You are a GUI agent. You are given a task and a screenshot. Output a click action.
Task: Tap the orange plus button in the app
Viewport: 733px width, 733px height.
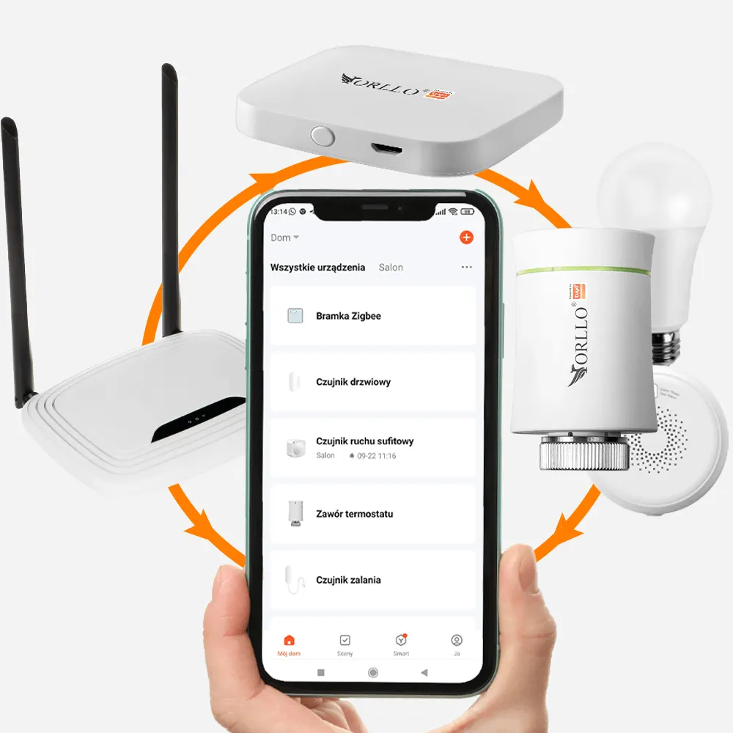coord(466,237)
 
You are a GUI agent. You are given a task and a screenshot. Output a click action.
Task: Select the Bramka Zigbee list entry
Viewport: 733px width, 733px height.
coord(372,316)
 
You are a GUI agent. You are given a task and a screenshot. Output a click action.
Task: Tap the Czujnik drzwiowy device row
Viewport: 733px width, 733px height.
coord(372,382)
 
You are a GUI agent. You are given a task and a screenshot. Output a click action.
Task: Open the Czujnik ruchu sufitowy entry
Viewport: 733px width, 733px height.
coord(372,447)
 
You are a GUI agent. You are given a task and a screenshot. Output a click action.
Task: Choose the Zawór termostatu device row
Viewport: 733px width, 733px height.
coord(372,514)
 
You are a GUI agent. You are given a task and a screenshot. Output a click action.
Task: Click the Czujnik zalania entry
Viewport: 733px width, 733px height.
coord(372,580)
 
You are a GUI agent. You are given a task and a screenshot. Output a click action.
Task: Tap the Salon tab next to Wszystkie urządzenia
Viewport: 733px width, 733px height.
coord(391,268)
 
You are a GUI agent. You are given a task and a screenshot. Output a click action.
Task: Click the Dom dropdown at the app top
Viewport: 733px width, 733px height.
coord(284,237)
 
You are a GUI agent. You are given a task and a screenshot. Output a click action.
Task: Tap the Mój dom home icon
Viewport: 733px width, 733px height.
coord(289,643)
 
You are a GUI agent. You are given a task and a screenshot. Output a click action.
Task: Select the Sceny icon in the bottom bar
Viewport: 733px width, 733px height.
coord(345,643)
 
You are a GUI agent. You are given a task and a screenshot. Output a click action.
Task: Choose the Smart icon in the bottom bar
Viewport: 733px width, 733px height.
coord(401,643)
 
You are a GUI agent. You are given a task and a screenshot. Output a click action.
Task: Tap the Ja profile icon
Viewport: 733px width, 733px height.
coord(457,643)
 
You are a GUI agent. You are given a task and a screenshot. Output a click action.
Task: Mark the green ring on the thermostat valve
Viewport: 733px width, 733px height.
coord(583,271)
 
